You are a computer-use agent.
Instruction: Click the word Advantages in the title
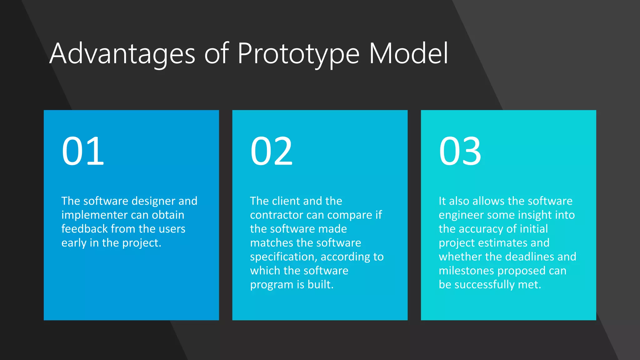click(x=122, y=54)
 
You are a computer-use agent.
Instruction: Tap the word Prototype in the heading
click(x=298, y=54)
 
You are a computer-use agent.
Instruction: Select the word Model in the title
click(x=409, y=54)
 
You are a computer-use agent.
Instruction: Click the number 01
click(x=83, y=151)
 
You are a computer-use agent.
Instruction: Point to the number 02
click(x=271, y=151)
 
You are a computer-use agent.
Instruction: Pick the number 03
click(x=460, y=151)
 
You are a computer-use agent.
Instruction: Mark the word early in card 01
click(x=74, y=243)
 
